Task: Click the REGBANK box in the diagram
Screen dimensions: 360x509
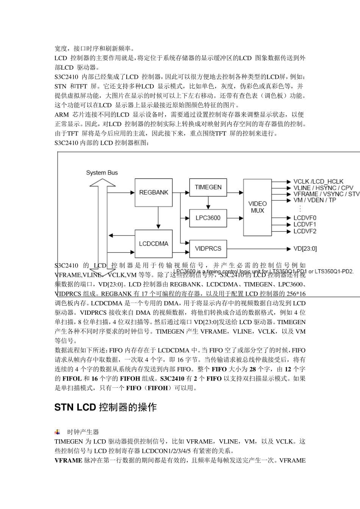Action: point(153,192)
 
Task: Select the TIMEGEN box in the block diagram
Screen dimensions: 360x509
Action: point(208,187)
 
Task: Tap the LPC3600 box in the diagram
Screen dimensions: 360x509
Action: point(208,218)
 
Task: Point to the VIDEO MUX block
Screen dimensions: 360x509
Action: point(257,207)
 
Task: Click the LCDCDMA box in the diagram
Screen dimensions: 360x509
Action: point(153,244)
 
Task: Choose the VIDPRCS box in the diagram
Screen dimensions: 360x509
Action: point(208,248)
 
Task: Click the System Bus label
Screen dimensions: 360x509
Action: point(102,173)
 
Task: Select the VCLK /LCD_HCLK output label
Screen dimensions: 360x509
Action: point(318,182)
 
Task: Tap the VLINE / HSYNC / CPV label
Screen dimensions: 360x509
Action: point(323,188)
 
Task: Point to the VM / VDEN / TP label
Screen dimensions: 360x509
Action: point(315,200)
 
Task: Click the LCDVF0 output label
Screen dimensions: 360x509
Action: point(305,218)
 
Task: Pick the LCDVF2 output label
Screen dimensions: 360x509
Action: point(305,231)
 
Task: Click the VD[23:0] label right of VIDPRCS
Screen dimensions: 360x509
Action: point(305,248)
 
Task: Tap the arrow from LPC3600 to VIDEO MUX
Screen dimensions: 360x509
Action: point(235,218)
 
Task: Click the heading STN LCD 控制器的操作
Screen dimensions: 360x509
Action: point(105,408)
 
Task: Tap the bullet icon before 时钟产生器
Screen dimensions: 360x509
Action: point(57,432)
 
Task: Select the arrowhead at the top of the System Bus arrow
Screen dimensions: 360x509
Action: point(102,183)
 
